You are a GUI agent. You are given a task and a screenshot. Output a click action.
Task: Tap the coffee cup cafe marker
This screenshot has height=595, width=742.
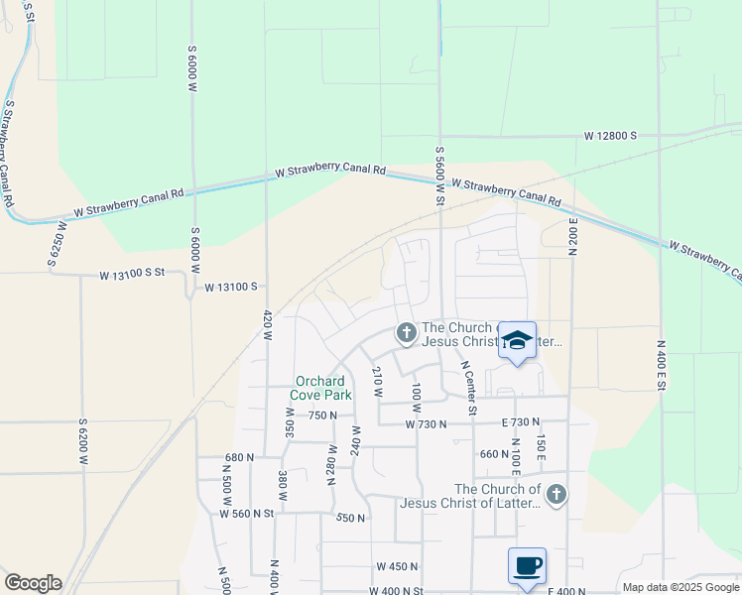(x=527, y=566)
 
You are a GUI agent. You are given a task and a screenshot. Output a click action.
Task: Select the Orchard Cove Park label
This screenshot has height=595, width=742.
(x=320, y=388)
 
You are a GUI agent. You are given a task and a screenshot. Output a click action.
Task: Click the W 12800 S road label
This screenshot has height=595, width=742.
(x=610, y=135)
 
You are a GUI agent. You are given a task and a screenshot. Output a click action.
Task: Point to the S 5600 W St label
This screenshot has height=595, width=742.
(x=438, y=176)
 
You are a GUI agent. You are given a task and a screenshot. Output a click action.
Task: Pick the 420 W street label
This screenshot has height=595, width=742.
(x=268, y=326)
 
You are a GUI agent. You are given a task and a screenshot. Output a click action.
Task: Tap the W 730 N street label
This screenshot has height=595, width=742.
(x=428, y=423)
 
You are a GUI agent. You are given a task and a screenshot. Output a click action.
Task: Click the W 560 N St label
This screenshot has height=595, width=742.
(x=246, y=513)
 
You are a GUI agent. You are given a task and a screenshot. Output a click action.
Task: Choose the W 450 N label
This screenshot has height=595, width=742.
(x=398, y=566)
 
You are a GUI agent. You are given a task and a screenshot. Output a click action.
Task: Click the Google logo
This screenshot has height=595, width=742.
(x=33, y=583)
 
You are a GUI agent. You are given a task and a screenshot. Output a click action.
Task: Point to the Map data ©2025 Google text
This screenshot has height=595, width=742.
(x=680, y=587)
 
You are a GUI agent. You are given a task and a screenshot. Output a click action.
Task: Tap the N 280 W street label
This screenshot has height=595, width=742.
(x=332, y=466)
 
